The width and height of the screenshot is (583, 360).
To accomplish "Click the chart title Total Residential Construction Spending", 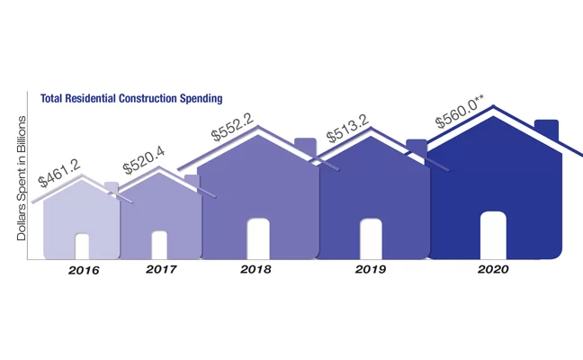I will click(131, 97).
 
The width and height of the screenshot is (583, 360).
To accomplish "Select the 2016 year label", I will click(84, 270).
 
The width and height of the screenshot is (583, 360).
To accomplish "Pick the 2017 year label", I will click(160, 269).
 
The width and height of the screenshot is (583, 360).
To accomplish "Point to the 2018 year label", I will click(257, 269).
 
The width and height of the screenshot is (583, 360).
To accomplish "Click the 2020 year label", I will click(493, 269).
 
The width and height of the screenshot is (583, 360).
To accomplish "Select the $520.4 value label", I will click(144, 160).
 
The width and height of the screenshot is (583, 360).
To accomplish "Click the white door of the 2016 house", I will click(82, 246).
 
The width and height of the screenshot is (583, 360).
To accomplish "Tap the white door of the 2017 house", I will click(159, 245).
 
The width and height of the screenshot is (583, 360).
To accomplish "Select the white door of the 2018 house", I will click(258, 238).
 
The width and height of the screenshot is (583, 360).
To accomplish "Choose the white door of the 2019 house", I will click(371, 238).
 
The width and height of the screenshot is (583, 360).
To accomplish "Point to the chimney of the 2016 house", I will click(111, 187).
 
